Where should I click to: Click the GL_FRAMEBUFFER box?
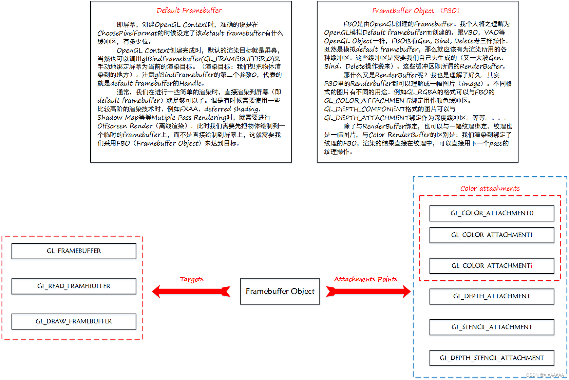(x=74, y=251)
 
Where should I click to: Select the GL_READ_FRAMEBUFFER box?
(x=74, y=286)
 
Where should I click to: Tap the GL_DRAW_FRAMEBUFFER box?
(x=74, y=321)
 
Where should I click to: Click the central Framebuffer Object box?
(x=280, y=291)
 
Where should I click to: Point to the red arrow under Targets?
(x=191, y=291)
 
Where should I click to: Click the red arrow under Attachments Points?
(x=368, y=291)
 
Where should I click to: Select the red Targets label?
(x=192, y=279)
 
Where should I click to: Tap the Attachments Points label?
(x=365, y=279)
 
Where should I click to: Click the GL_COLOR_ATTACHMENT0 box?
(x=492, y=213)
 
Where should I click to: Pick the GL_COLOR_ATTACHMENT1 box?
(x=492, y=235)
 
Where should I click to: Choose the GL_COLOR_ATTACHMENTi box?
(x=492, y=266)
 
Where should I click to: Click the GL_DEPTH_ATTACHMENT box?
(x=492, y=296)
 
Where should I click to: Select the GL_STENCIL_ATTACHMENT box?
(x=492, y=327)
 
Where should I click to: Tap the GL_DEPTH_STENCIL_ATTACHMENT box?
(x=492, y=358)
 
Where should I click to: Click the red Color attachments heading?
(x=490, y=188)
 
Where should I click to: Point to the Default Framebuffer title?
(x=189, y=11)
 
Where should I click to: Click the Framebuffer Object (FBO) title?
(x=416, y=11)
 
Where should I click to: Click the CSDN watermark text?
(x=545, y=375)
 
